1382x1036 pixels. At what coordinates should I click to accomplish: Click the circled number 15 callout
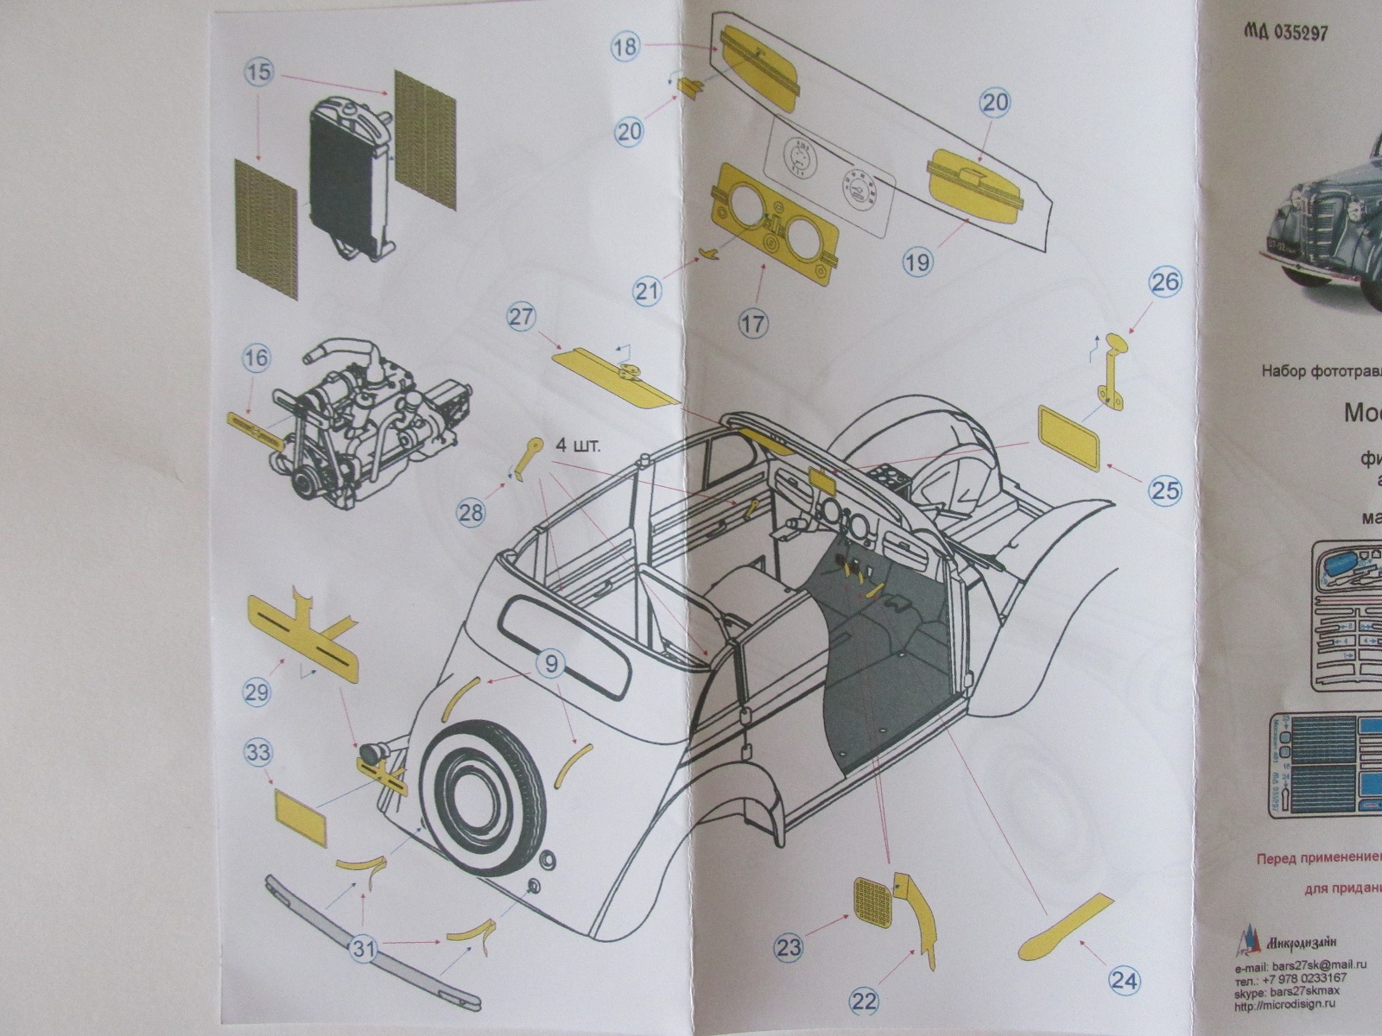point(258,73)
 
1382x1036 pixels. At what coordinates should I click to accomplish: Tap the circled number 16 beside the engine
point(257,358)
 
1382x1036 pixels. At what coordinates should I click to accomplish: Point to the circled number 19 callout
point(917,261)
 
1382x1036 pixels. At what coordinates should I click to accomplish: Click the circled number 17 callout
point(753,324)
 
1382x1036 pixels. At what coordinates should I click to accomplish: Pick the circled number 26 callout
point(1164,282)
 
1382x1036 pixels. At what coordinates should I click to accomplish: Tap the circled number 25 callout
point(1164,490)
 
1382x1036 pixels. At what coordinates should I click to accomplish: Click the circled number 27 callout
point(522,317)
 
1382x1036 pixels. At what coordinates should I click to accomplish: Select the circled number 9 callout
point(552,663)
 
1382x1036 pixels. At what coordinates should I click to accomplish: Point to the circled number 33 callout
point(257,752)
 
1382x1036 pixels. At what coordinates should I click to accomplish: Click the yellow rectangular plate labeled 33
point(301,820)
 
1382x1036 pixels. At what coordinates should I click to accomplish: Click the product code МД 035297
point(1285,33)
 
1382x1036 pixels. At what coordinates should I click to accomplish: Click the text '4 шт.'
point(578,446)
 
